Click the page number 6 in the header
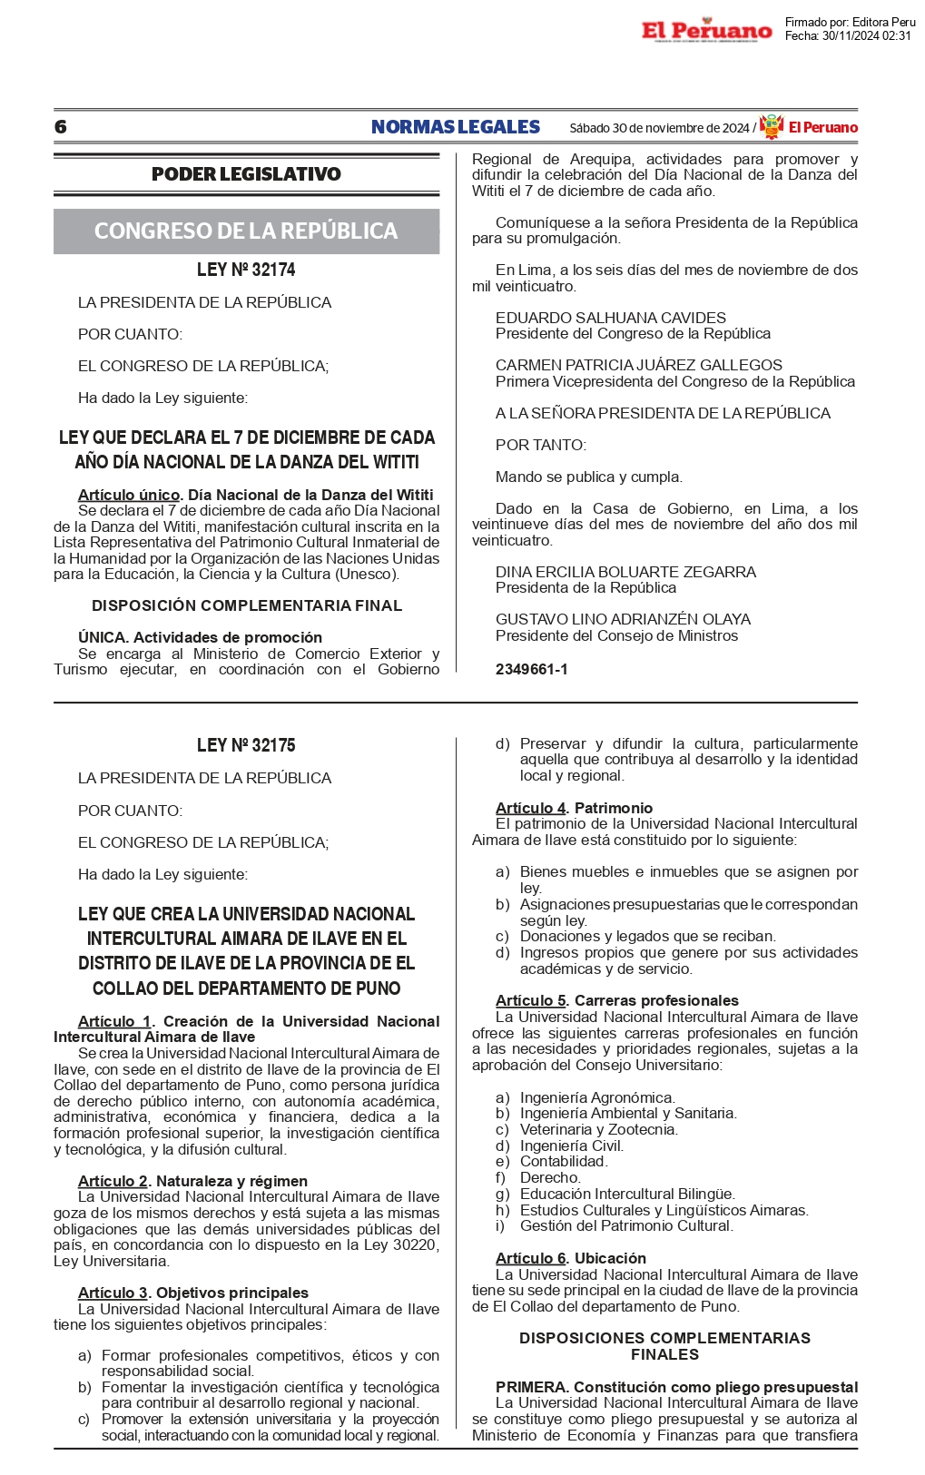click(x=61, y=127)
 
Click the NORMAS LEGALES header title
click(x=455, y=127)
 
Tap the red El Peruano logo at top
click(x=706, y=31)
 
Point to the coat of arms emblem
click(x=772, y=127)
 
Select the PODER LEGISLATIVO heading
click(x=246, y=174)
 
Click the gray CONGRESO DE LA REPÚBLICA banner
click(x=246, y=231)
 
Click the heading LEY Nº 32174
click(x=246, y=270)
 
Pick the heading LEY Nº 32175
click(x=246, y=745)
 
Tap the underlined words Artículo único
click(x=128, y=495)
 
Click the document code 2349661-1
click(x=531, y=670)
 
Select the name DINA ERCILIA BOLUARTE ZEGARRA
click(x=625, y=572)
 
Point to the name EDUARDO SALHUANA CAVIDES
click(x=610, y=318)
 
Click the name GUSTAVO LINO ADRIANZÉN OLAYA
click(x=623, y=619)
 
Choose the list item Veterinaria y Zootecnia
click(x=598, y=1130)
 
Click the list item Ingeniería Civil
click(x=571, y=1146)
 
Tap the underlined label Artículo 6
click(x=531, y=1258)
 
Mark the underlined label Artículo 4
click(x=530, y=808)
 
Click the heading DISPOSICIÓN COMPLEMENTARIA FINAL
click(x=246, y=605)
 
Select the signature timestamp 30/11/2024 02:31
click(x=866, y=36)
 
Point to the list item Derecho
click(x=550, y=1178)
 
